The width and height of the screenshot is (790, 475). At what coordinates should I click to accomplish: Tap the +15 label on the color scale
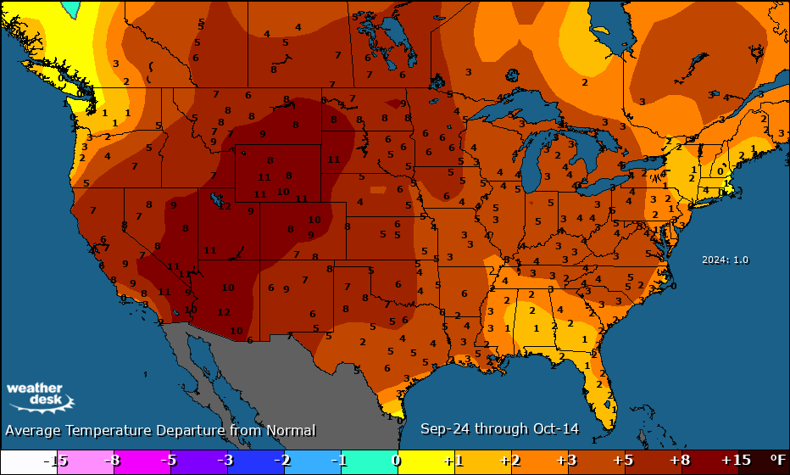[x=735, y=460]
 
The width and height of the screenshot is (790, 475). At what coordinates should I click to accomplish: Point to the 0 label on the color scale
[x=396, y=460]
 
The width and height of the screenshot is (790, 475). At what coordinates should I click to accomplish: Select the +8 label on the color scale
[x=678, y=460]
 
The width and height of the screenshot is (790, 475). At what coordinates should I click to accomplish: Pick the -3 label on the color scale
[x=225, y=460]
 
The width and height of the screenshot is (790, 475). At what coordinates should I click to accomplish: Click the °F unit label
[x=776, y=460]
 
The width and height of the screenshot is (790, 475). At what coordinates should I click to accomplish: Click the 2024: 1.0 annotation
[x=725, y=260]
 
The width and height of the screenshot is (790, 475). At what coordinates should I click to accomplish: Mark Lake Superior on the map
[x=509, y=110]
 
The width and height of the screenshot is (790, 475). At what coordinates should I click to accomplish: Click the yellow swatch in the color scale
[x=424, y=460]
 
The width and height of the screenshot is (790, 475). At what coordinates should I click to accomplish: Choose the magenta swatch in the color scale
[x=142, y=460]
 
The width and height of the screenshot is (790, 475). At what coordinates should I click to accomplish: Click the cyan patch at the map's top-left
[x=72, y=8]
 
